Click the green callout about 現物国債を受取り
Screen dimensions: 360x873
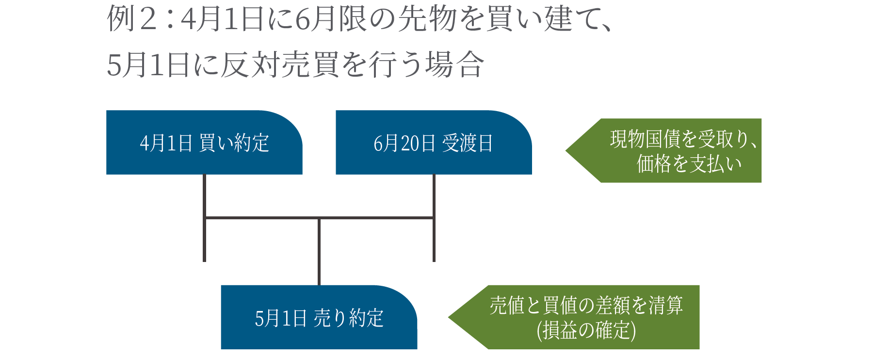(674, 150)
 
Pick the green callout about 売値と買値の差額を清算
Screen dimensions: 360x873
(582, 317)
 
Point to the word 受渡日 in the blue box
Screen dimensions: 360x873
(467, 143)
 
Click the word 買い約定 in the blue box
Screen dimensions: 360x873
(234, 143)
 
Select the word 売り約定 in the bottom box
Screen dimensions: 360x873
(349, 318)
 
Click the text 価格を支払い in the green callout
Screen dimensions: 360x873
(689, 164)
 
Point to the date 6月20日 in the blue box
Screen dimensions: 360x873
(404, 143)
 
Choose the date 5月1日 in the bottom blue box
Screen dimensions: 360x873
(280, 318)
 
